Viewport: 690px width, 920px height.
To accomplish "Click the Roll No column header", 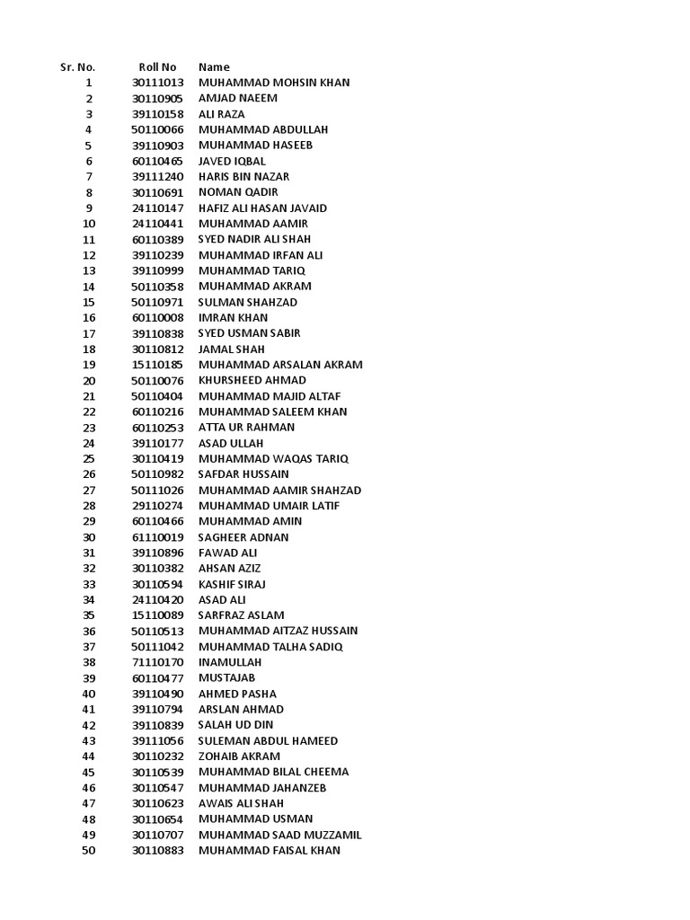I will pos(157,67).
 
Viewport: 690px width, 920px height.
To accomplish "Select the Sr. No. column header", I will pos(77,67).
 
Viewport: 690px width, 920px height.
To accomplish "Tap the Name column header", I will pos(214,67).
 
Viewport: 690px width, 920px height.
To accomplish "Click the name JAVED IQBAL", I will pos(232,161).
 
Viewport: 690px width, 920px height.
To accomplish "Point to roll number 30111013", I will pos(157,83).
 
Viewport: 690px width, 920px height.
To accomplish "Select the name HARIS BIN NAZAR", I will pos(243,177).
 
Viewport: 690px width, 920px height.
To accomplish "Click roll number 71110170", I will pos(157,662).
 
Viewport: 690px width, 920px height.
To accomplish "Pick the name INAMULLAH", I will pos(229,662).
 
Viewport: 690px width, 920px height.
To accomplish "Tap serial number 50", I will pos(88,850).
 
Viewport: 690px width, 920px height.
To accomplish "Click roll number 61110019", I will pos(157,537).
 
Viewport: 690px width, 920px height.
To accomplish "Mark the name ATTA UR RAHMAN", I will pos(246,428).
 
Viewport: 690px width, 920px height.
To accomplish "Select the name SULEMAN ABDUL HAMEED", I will pos(268,740).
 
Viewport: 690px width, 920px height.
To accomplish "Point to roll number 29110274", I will pos(157,506).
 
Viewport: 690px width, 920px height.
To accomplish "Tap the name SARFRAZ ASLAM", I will pos(241,615).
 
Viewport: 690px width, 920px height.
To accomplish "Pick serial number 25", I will pos(88,459).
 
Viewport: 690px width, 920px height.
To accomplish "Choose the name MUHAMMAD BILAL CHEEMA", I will pos(273,772).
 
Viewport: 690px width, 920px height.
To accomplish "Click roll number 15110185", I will pos(157,365).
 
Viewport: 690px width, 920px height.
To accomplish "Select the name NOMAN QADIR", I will pos(238,192).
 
